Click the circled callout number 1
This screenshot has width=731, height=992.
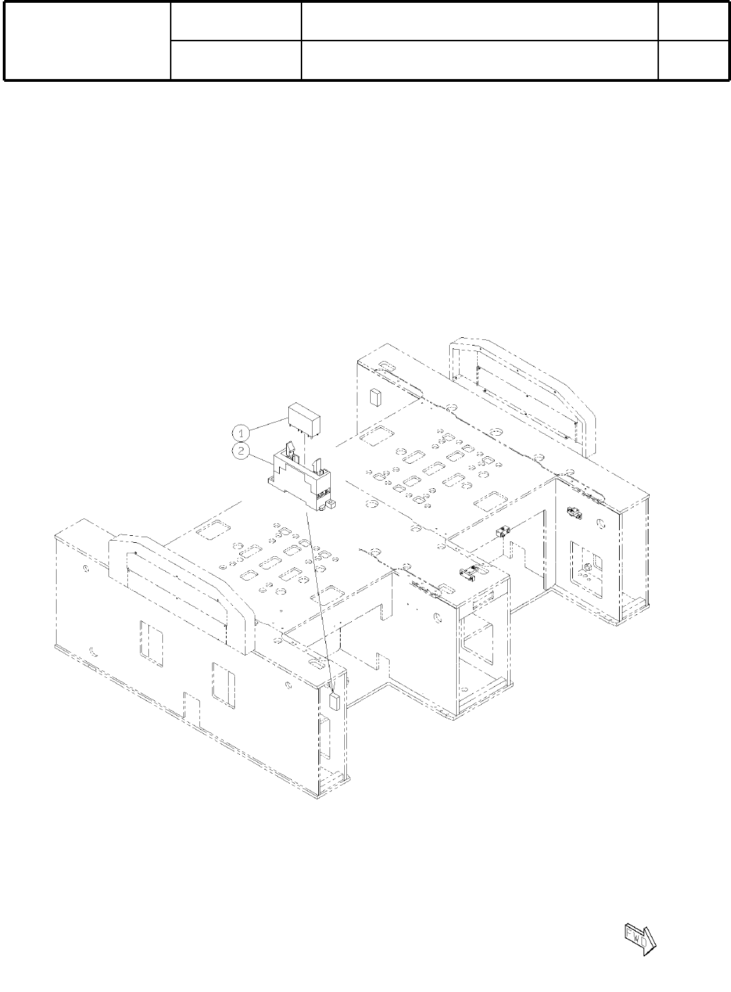(241, 432)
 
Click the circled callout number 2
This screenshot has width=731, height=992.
(241, 451)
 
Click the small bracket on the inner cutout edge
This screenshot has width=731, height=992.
(502, 532)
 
